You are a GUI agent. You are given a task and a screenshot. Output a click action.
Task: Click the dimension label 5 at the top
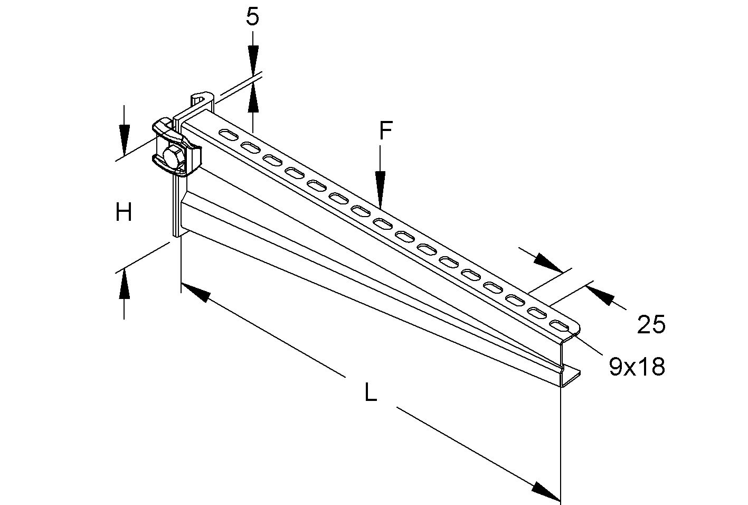pyautogui.click(x=253, y=17)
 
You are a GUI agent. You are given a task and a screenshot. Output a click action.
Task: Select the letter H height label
pyautogui.click(x=124, y=213)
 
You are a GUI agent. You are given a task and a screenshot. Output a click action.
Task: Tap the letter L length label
pyautogui.click(x=371, y=393)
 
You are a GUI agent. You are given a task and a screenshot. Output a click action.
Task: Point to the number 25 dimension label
pyautogui.click(x=651, y=324)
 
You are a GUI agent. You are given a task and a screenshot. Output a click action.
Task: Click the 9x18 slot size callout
pyautogui.click(x=637, y=367)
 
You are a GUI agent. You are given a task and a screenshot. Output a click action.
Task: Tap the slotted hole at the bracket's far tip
pyautogui.click(x=558, y=324)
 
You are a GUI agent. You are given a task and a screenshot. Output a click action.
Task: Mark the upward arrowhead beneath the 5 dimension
pyautogui.click(x=253, y=98)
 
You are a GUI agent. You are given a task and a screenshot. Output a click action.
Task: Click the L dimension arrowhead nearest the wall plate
pyautogui.click(x=196, y=293)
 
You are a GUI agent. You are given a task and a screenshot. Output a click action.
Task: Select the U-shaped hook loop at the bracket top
pyautogui.click(x=201, y=100)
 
